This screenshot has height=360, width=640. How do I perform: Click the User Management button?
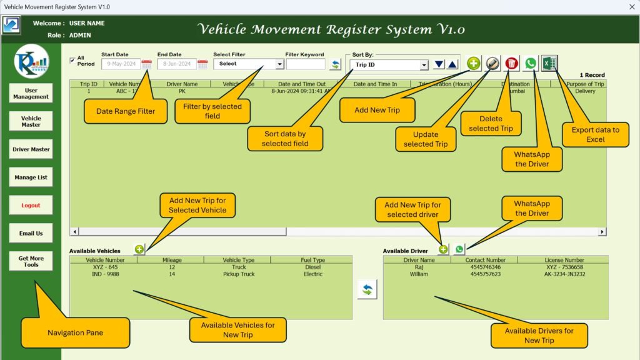point(31,94)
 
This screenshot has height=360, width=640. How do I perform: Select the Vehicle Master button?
point(31,121)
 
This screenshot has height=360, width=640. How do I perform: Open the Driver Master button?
point(31,149)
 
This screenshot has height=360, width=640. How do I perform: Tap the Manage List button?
point(31,177)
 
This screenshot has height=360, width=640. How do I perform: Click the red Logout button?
point(31,205)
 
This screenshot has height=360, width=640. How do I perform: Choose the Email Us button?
point(31,233)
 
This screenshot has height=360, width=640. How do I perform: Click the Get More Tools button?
point(31,261)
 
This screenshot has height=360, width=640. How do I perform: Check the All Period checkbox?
point(72,61)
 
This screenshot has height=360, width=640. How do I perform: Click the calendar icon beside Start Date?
point(147,64)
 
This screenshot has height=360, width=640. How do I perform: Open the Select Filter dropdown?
point(279,64)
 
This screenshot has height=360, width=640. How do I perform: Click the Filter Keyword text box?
point(306,64)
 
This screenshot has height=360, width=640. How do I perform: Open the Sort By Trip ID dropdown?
point(424,64)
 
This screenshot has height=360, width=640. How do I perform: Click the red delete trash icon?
point(512,63)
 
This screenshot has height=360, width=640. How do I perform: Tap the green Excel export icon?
point(549,63)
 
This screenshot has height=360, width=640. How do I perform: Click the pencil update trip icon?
point(492,63)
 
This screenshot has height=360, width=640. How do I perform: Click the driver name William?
point(419,274)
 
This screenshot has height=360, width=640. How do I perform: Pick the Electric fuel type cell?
point(313,274)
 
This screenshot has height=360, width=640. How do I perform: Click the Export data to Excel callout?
point(596,134)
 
